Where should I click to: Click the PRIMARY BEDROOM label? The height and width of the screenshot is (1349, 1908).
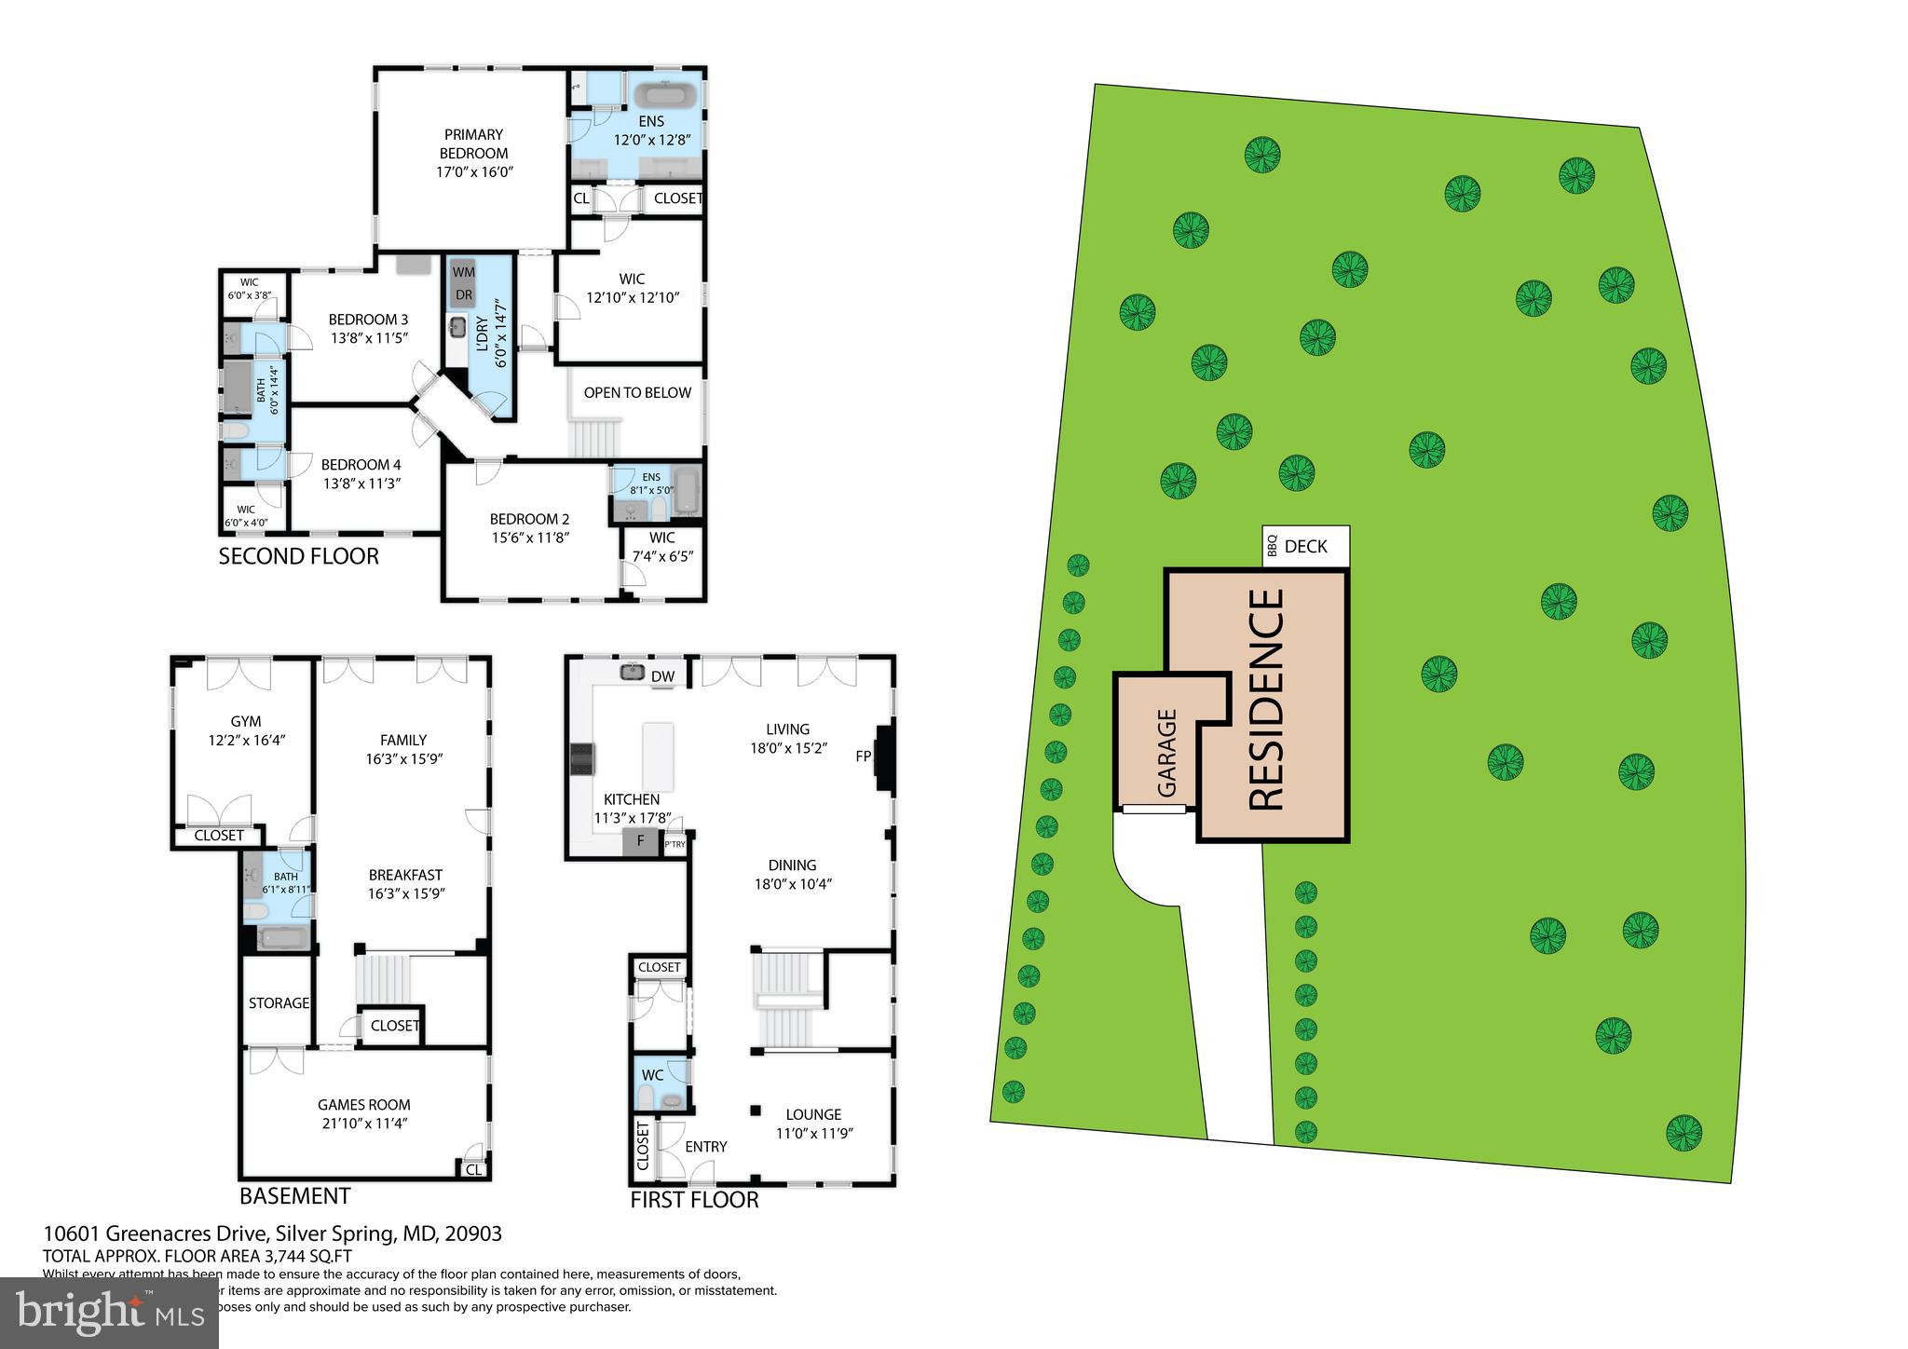tap(473, 143)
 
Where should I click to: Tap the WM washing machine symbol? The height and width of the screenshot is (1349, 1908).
tap(463, 272)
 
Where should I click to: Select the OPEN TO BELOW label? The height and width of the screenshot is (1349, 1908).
tap(637, 392)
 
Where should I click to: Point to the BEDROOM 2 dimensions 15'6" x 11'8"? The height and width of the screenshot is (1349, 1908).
tap(529, 538)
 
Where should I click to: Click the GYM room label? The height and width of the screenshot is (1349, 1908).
tap(246, 721)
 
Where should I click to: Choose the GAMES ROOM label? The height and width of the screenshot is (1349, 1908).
tap(363, 1105)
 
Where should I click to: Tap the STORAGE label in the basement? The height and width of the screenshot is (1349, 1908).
tap(279, 1003)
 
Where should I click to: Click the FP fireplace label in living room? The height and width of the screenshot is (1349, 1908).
tap(864, 756)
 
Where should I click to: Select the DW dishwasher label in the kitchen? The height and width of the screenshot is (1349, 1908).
tap(662, 676)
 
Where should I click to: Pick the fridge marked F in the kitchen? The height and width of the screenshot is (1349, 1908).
tap(640, 841)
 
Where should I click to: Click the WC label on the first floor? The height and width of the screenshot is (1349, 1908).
tap(652, 1075)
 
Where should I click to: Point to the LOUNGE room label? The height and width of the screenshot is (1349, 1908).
tap(813, 1114)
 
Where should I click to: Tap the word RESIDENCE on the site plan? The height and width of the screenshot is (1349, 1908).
tap(1267, 699)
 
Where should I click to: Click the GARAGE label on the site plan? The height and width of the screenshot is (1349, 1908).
tap(1167, 753)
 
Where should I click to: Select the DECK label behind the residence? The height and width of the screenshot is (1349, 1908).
tap(1305, 547)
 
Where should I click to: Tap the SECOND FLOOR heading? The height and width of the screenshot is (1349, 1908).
tap(298, 557)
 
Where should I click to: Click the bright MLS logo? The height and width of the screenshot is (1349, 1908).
tap(110, 1312)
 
